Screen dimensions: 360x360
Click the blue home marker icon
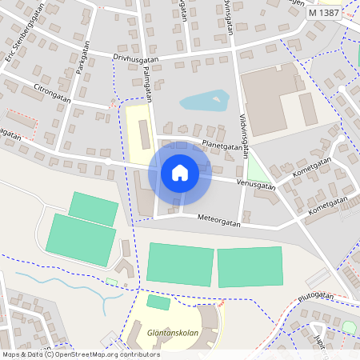[180, 172]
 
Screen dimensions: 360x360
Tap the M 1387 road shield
[324, 13]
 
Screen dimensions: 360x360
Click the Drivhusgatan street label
[136, 58]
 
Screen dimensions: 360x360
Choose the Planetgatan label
[222, 146]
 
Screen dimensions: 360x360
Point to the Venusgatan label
[257, 185]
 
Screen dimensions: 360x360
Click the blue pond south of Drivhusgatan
[204, 101]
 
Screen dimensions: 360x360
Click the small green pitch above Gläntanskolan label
[158, 302]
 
